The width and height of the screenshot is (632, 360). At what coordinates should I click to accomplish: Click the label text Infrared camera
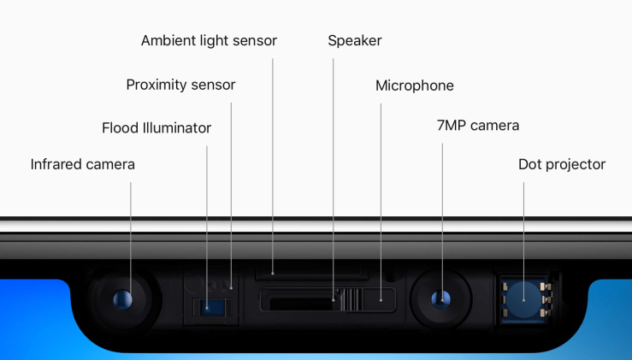coord(83,164)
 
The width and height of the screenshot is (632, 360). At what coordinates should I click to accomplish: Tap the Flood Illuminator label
coord(157,127)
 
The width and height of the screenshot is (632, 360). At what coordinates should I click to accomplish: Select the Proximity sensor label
coord(180,85)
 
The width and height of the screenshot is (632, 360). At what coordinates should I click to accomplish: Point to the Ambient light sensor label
coord(209,41)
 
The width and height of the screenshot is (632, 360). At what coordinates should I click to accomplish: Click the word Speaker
coord(355,41)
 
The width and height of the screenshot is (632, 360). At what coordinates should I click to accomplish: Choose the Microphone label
coord(414,86)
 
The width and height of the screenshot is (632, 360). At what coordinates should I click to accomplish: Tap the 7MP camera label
coord(477,126)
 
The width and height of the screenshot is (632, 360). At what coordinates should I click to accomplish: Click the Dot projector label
coord(562,164)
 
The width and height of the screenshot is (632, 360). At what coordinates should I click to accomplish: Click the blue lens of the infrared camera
coord(122,299)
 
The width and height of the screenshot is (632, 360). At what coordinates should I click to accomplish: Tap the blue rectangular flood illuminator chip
coord(212,308)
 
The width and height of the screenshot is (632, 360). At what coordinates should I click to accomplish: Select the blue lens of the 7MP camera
coord(440,299)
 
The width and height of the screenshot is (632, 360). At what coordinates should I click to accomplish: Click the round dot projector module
coord(523,299)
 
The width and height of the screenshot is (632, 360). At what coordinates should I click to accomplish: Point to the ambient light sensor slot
coord(311,273)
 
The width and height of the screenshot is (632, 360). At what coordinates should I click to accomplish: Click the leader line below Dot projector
coord(524,241)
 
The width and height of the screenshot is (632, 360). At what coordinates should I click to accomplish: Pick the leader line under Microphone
coord(381,202)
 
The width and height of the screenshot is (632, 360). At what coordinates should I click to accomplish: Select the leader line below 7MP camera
coord(442,221)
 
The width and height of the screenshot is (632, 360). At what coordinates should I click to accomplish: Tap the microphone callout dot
coord(381,300)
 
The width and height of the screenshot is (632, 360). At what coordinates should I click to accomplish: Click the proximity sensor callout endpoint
coord(231,288)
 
